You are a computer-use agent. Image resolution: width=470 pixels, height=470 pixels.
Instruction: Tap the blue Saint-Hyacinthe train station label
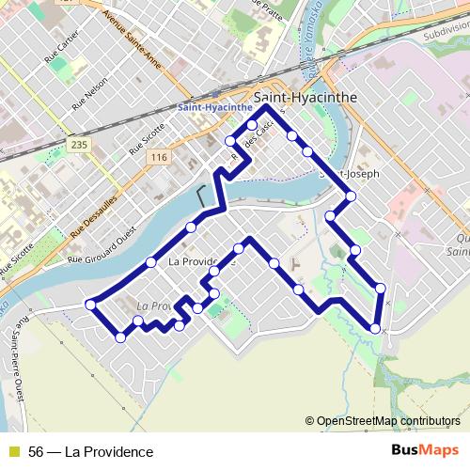click(215, 107)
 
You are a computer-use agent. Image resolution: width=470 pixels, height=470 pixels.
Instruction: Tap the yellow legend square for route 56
click(13, 452)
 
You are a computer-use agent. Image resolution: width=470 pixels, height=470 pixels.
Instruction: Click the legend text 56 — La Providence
click(91, 452)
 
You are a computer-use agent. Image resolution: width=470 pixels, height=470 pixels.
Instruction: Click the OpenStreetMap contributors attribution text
click(386, 421)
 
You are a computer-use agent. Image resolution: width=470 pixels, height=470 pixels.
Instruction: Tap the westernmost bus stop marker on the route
click(91, 304)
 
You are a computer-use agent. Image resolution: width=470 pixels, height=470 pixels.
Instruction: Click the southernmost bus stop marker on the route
click(120, 337)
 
